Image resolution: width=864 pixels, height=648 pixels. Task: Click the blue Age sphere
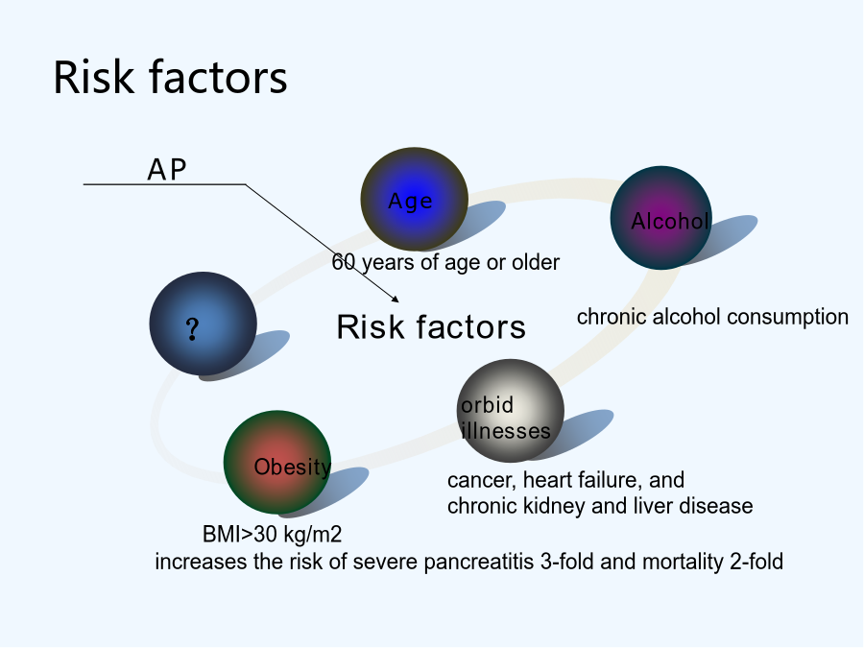(x=415, y=199)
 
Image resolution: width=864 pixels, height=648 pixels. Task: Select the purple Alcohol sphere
(x=661, y=218)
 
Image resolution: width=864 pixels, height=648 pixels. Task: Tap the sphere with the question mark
(x=203, y=324)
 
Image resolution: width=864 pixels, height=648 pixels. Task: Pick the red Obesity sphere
(x=277, y=463)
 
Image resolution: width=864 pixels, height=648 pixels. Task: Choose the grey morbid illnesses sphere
(x=511, y=411)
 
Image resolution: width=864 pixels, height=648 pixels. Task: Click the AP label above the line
(x=167, y=169)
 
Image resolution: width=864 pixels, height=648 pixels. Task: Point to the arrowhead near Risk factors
(x=396, y=299)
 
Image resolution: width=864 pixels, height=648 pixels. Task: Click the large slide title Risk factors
(x=170, y=77)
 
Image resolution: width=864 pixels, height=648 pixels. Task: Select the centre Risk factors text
(x=431, y=326)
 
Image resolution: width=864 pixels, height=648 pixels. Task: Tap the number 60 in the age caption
(x=344, y=262)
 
